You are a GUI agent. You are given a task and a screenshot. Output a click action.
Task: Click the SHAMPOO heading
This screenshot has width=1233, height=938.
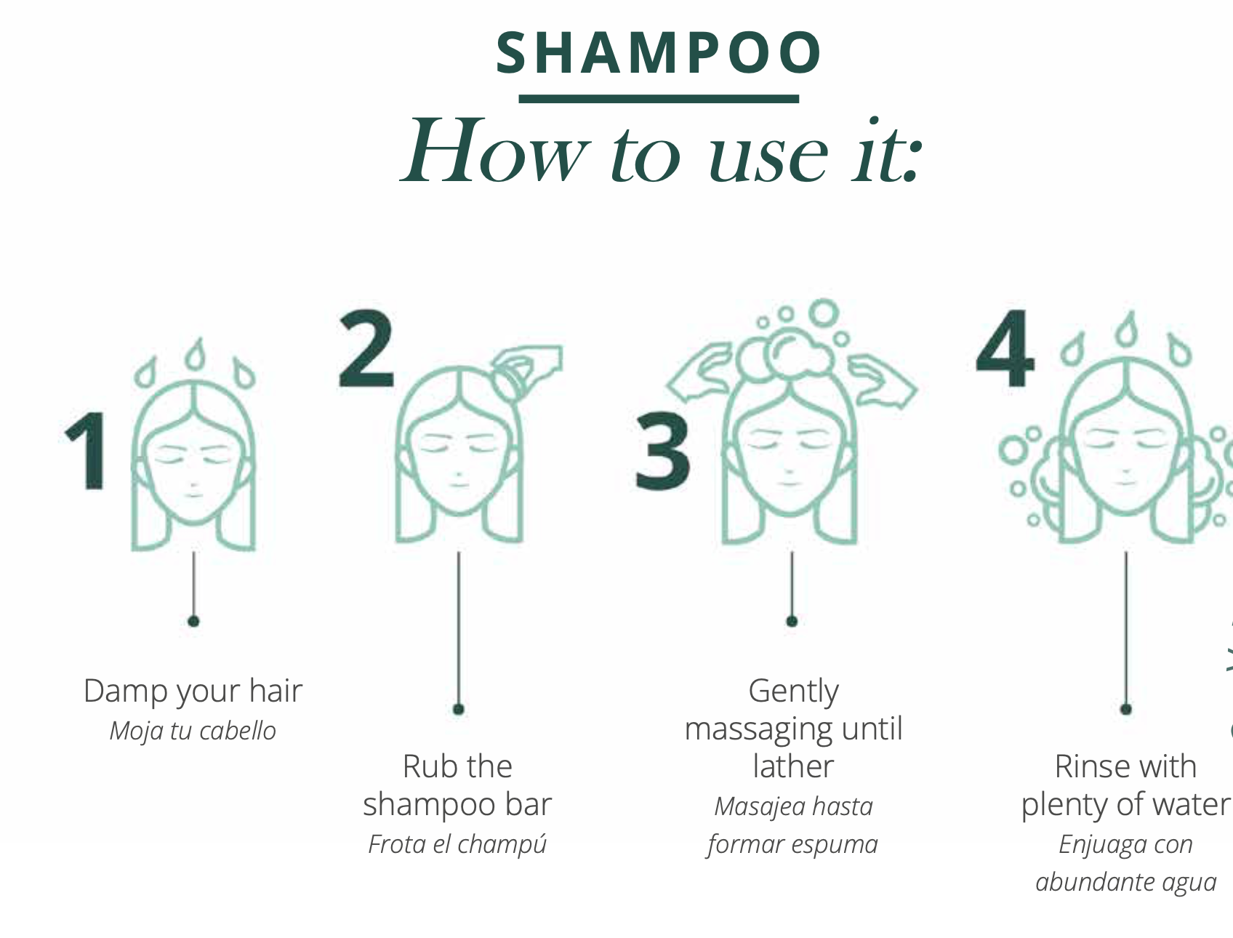pos(659,53)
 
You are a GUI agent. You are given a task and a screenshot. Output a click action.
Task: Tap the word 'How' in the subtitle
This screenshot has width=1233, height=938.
pos(494,151)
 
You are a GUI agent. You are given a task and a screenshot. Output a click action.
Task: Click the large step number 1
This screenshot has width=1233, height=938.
pos(87,449)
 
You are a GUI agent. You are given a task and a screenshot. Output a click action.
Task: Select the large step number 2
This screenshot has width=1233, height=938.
pos(366,349)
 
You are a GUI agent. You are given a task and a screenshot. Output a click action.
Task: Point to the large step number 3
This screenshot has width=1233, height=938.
pos(662,451)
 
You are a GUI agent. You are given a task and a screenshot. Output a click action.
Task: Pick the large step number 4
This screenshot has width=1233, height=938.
pos(1005,349)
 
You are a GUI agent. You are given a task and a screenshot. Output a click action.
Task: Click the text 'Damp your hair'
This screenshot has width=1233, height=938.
pos(193,691)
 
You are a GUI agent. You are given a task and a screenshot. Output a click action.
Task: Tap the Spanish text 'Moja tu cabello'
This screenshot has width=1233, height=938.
pos(193,730)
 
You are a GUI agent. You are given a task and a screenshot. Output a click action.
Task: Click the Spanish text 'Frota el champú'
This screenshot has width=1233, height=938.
pos(457,844)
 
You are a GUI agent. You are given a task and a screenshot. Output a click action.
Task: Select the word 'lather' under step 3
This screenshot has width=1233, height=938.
pos(793,766)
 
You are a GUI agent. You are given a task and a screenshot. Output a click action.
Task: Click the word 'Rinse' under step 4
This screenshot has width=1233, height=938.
pos(1088,766)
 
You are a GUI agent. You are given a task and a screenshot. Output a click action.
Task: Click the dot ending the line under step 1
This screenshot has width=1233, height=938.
pos(193,621)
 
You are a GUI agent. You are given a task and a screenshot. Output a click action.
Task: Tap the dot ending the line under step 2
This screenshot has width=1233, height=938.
pos(458,709)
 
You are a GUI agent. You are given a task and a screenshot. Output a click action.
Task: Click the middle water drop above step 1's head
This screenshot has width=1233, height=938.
pos(195,354)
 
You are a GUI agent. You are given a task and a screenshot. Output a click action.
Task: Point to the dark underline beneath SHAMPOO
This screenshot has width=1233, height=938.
pos(659,98)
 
